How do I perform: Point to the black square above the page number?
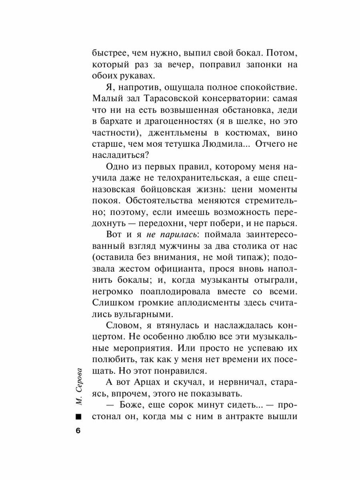[78, 417]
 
